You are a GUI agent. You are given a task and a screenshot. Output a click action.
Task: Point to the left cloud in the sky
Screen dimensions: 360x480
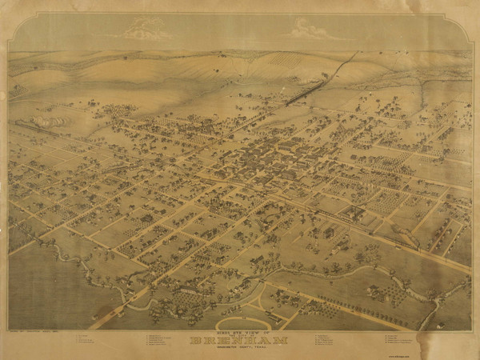146,31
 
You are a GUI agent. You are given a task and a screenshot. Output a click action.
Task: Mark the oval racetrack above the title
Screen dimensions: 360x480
244,322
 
